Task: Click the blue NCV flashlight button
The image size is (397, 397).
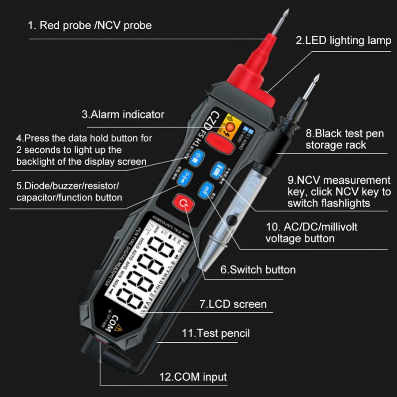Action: (217, 170)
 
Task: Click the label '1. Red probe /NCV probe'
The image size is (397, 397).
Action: (90, 25)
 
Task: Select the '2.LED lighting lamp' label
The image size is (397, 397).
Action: (343, 41)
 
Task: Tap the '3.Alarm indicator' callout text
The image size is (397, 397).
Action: (123, 114)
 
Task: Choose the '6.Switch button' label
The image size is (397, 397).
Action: (258, 269)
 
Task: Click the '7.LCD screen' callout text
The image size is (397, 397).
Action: (233, 304)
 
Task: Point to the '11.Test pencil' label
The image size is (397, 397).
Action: (216, 333)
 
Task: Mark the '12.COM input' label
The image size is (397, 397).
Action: (193, 377)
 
